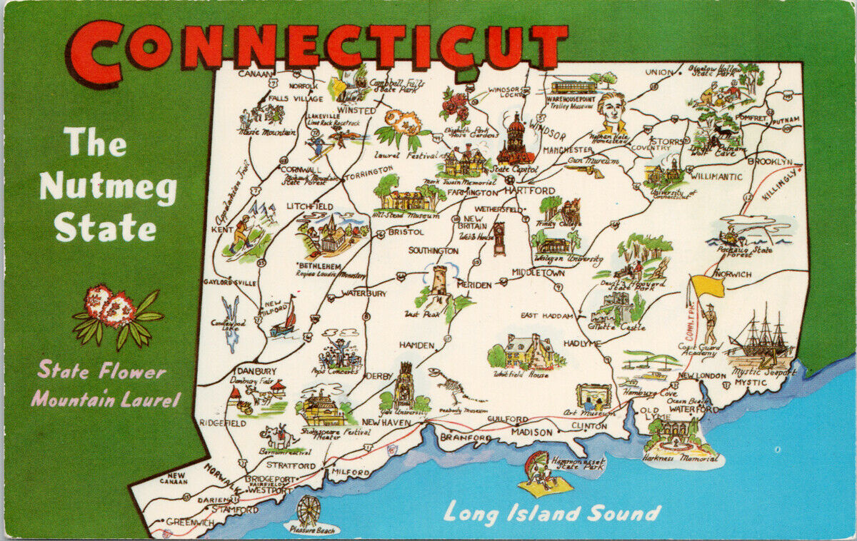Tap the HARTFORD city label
(x=529, y=191)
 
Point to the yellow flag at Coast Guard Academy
(x=707, y=287)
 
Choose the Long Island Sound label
(x=551, y=512)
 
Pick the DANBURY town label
(x=257, y=371)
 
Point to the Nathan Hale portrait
(x=611, y=113)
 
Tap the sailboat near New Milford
(x=286, y=318)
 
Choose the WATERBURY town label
(x=364, y=293)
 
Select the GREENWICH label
(x=190, y=522)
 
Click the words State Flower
(x=101, y=371)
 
